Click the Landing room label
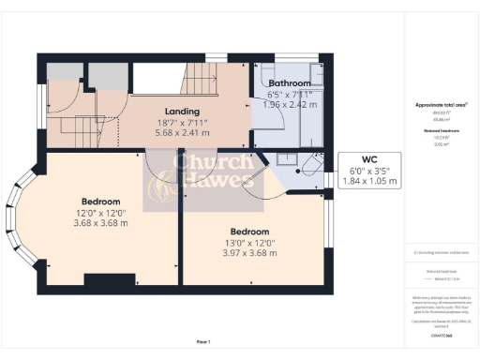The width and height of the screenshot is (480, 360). (x=180, y=110)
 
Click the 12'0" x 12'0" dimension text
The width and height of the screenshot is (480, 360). (x=100, y=213)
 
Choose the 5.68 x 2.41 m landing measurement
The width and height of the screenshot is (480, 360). (x=180, y=131)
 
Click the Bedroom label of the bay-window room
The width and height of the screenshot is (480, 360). (x=100, y=202)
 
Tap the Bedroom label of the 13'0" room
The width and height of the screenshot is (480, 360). (x=250, y=232)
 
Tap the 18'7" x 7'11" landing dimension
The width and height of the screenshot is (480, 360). (x=180, y=121)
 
